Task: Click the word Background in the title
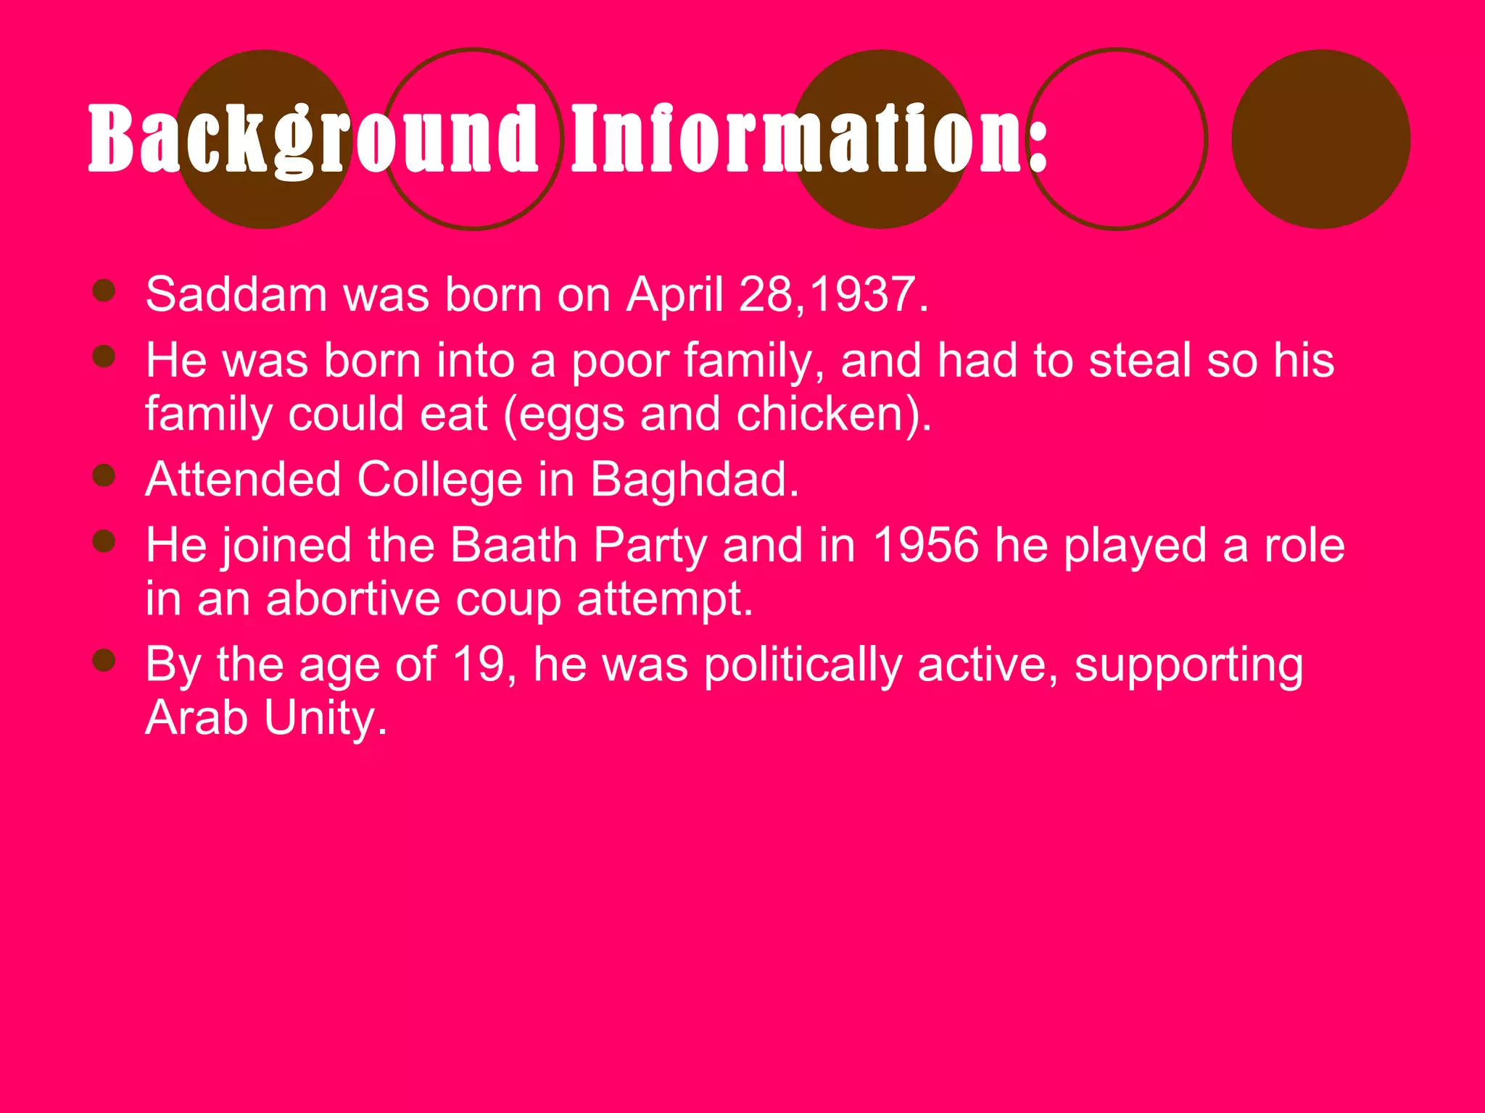tap(312, 139)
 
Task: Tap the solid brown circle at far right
tap(1320, 139)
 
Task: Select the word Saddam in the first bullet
tap(236, 295)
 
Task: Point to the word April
tap(674, 295)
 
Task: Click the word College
tap(439, 480)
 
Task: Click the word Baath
tap(513, 545)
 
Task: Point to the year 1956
tap(926, 545)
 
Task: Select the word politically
tap(803, 665)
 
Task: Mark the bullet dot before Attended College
tap(104, 476)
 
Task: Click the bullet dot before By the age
tap(104, 660)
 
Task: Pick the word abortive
tap(353, 599)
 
